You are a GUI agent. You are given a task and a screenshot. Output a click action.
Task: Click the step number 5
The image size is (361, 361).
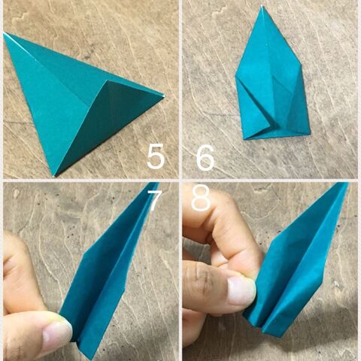click(x=156, y=156)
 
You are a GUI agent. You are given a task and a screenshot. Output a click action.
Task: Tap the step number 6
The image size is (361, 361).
click(x=205, y=157)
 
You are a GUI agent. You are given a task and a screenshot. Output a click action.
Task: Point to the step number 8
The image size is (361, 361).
click(x=201, y=198)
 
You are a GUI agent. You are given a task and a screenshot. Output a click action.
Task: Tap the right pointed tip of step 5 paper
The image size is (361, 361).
click(x=164, y=97)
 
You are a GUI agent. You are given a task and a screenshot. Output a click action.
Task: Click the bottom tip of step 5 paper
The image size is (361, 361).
click(x=54, y=176)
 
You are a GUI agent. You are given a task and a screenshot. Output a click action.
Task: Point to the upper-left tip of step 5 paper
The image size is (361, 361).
click(x=4, y=33)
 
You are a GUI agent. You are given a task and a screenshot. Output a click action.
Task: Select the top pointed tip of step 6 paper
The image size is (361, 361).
click(x=262, y=6)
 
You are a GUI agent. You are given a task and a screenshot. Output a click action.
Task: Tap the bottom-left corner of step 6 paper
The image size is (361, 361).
click(x=244, y=139)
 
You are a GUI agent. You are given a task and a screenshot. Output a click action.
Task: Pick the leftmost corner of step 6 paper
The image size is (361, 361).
click(x=235, y=75)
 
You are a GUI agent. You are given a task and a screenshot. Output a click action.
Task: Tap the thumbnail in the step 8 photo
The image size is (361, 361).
click(x=241, y=291)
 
